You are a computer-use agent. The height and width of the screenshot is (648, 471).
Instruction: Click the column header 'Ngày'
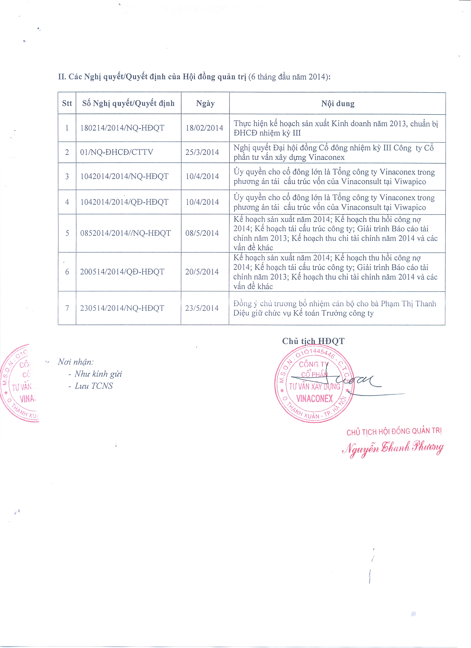(x=205, y=103)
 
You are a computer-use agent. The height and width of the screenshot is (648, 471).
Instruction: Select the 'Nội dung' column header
(x=337, y=103)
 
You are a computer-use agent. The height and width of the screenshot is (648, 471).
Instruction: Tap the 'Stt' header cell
(x=67, y=103)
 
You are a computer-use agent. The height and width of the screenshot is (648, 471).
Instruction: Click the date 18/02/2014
(x=204, y=128)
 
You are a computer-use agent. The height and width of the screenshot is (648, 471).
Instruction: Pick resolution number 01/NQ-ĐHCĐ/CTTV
(x=117, y=152)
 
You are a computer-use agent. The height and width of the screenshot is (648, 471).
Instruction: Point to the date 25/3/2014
(x=202, y=152)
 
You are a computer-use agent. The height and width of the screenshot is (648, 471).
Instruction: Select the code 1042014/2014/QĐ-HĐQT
(x=124, y=202)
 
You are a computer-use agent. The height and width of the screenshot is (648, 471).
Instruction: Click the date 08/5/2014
(x=202, y=233)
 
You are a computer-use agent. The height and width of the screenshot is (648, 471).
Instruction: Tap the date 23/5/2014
(x=202, y=308)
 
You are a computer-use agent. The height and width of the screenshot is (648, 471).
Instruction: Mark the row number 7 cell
(x=67, y=308)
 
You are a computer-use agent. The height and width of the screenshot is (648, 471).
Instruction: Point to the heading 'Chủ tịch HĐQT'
(x=313, y=341)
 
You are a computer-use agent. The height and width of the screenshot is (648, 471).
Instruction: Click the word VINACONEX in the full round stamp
(x=314, y=398)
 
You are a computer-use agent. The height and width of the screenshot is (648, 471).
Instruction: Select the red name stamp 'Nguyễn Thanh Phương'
(x=393, y=448)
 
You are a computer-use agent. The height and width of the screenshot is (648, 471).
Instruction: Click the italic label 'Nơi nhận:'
(x=76, y=362)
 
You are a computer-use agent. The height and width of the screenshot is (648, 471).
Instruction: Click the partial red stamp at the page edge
(x=19, y=383)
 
